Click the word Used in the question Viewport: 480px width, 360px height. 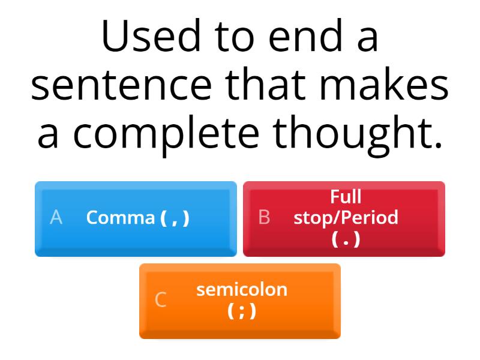point(151,35)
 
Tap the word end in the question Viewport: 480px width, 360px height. point(305,36)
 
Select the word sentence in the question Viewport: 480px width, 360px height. point(121,84)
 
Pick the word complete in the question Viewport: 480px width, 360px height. point(166,134)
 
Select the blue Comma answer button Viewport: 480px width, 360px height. point(136,219)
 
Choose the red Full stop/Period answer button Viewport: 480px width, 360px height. point(344,219)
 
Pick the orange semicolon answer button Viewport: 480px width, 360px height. point(240,301)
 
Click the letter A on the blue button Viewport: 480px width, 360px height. point(56,217)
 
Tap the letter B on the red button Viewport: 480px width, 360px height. point(264,217)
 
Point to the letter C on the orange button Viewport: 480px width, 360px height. point(161,299)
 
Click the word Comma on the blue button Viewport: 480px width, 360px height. point(121,218)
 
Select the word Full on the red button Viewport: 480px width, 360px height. point(346,197)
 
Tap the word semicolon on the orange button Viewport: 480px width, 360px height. point(242,290)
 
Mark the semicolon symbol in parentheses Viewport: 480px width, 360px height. point(242,311)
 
